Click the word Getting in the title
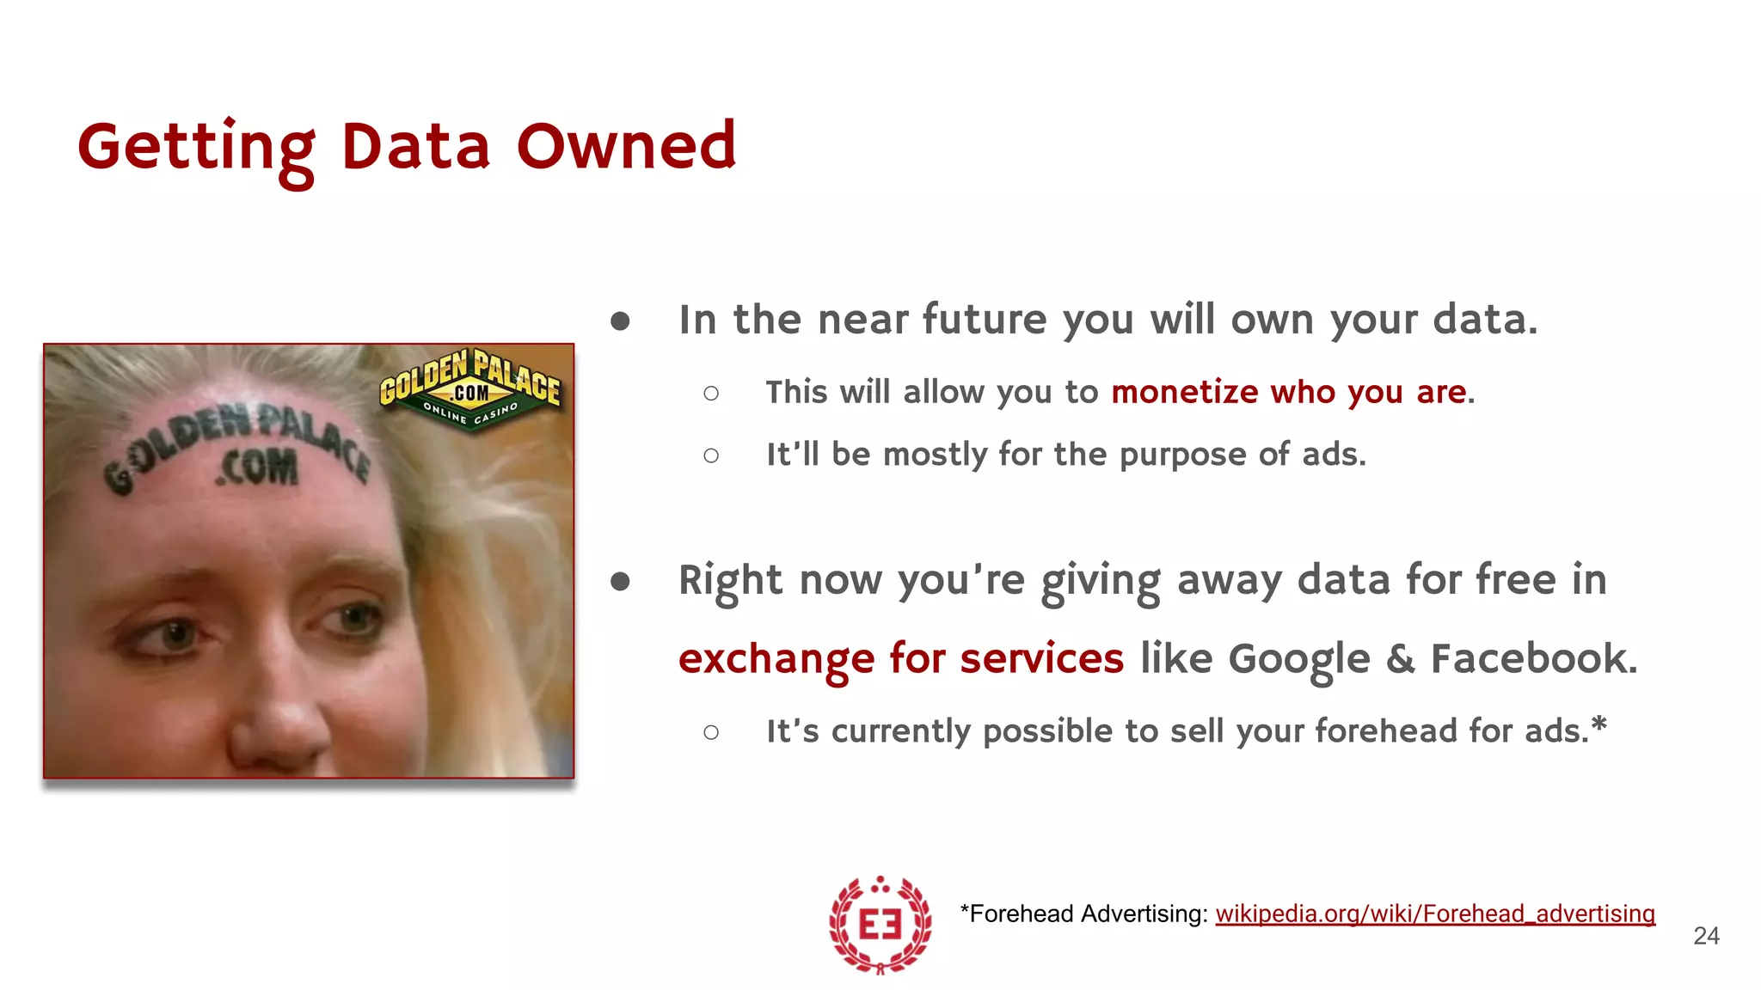point(197,148)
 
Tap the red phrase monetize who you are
point(1288,392)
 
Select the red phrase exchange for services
point(900,659)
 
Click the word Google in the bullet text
point(1298,660)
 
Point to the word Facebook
point(1532,658)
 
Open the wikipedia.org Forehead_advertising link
point(1434,914)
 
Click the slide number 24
point(1706,936)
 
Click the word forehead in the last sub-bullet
point(1387,731)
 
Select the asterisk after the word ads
point(1599,724)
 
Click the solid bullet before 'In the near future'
point(620,321)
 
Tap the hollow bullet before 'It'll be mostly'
point(711,455)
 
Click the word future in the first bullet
point(985,320)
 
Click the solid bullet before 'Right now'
point(620,582)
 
